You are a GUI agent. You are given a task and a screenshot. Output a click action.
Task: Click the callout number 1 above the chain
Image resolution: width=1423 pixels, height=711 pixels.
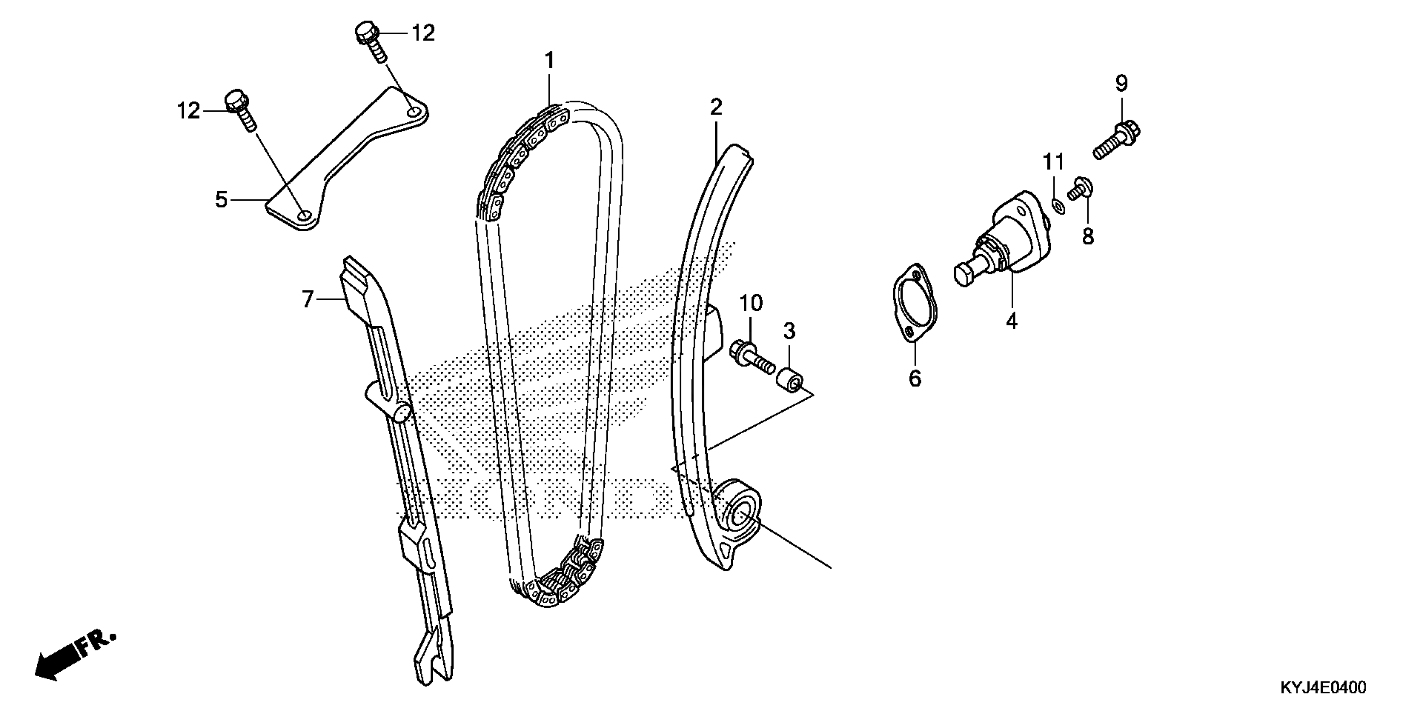(x=549, y=61)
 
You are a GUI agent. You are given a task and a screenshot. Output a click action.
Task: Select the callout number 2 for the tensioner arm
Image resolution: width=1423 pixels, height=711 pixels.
(x=716, y=107)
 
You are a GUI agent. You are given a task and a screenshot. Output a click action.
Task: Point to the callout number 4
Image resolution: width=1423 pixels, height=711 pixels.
(x=1012, y=321)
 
